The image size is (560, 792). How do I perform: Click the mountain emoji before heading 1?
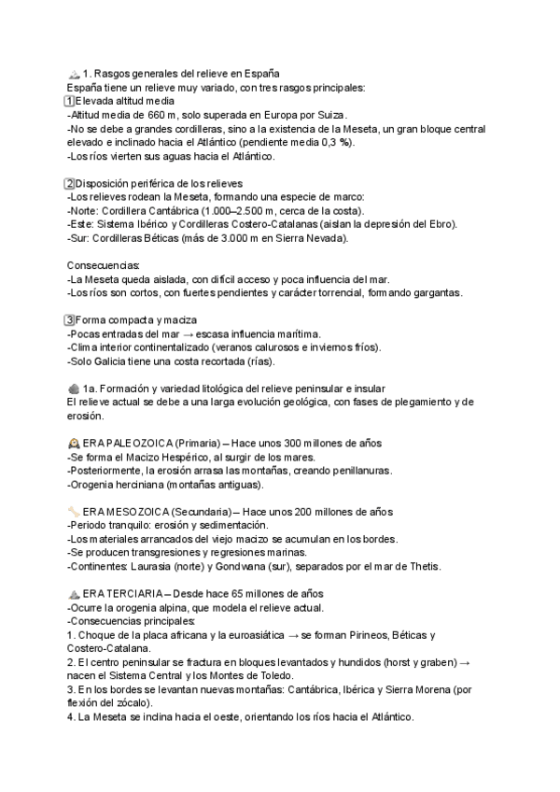75,74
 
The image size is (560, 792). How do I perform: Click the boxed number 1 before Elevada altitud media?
70,101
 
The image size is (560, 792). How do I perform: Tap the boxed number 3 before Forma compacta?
70,320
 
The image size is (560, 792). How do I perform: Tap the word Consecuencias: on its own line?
103,265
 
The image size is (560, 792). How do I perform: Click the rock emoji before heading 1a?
75,389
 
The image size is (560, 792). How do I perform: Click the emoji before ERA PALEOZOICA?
75,444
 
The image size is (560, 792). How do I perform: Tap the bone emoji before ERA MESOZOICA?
75,512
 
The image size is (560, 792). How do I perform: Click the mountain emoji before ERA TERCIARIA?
75,595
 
